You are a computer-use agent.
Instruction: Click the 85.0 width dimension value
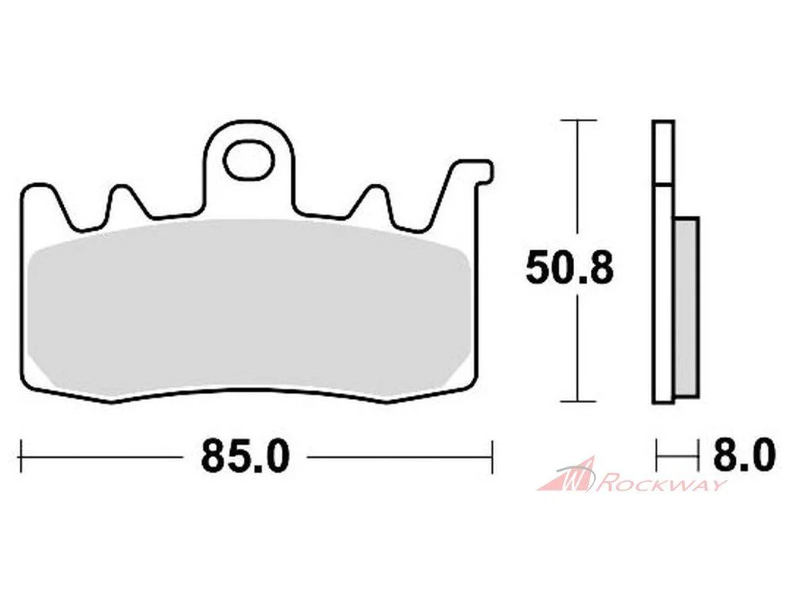point(245,456)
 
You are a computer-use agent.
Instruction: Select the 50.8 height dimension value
point(569,268)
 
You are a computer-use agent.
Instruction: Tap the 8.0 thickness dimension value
point(744,456)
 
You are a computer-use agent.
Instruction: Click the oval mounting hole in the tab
point(249,161)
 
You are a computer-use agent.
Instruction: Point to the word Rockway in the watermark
point(664,485)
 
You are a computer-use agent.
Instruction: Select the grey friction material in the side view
point(686,307)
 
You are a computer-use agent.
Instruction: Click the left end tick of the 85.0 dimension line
point(21,457)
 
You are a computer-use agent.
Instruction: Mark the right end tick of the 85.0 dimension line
point(491,457)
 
